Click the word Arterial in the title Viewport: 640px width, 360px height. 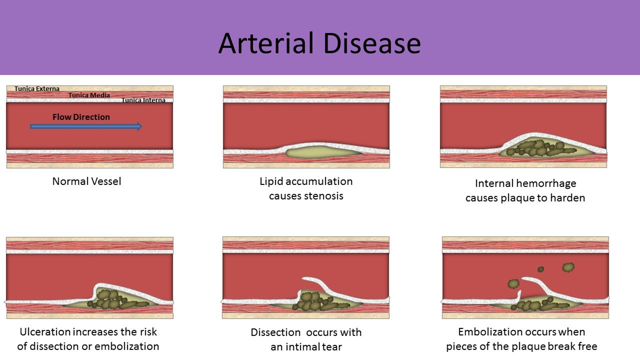point(266,43)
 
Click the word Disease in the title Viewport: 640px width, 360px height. point(372,43)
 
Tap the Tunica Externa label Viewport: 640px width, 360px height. point(37,89)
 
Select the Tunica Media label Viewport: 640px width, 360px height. point(89,95)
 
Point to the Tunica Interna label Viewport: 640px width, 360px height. point(143,100)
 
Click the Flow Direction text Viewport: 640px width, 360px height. point(81,117)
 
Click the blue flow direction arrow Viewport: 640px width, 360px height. point(86,126)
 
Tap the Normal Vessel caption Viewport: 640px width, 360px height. point(86,181)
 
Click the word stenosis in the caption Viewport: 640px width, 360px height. point(323,196)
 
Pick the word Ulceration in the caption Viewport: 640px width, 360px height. point(45,332)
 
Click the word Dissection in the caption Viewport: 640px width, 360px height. point(275,332)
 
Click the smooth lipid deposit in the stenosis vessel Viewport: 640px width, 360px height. point(323,152)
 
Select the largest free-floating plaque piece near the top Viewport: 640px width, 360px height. point(568,267)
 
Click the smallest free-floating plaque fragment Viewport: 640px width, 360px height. point(540,269)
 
